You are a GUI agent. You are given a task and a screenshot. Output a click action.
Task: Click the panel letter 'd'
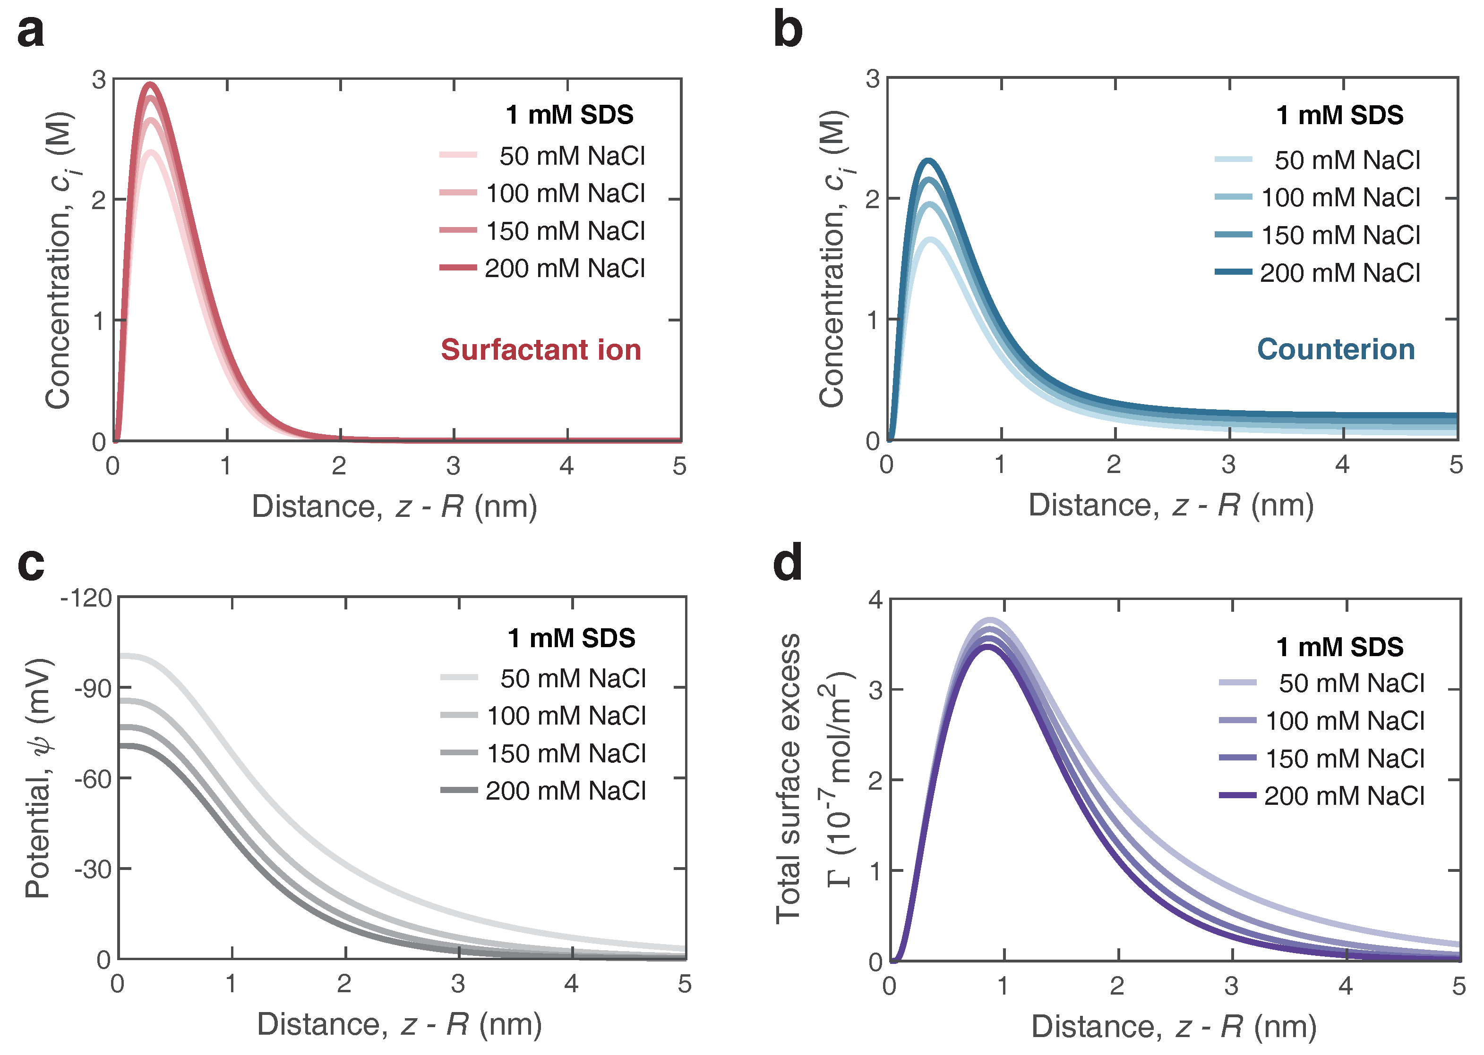pyautogui.click(x=787, y=564)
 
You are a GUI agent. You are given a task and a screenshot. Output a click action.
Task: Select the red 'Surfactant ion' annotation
pyautogui.click(x=541, y=349)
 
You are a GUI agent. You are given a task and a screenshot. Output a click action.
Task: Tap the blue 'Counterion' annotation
pyautogui.click(x=1336, y=349)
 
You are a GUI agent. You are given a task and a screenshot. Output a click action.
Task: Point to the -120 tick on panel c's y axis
pyautogui.click(x=86, y=598)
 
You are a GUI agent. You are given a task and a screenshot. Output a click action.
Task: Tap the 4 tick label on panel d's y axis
pyautogui.click(x=875, y=599)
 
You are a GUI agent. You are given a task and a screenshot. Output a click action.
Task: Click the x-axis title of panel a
pyautogui.click(x=395, y=506)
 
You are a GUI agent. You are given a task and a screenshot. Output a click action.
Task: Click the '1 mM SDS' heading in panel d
pyautogui.click(x=1340, y=647)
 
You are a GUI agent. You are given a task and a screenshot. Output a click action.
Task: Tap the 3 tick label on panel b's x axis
pyautogui.click(x=1228, y=465)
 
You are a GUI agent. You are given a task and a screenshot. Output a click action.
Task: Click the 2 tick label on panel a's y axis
pyautogui.click(x=98, y=200)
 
